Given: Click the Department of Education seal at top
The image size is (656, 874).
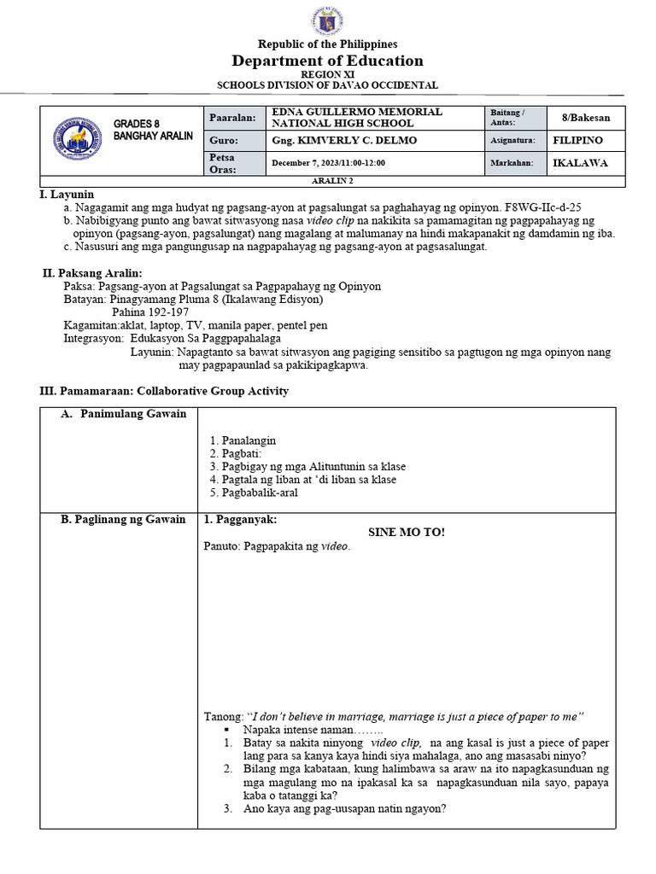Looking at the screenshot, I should click(x=329, y=20).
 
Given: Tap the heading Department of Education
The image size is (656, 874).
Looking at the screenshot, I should click(x=328, y=61).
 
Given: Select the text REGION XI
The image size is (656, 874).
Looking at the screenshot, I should click(x=329, y=75).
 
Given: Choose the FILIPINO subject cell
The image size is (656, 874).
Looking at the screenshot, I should click(x=578, y=140).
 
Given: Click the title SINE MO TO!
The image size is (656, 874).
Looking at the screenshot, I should click(x=406, y=533).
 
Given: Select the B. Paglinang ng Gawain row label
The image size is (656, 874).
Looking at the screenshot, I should click(x=123, y=520).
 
